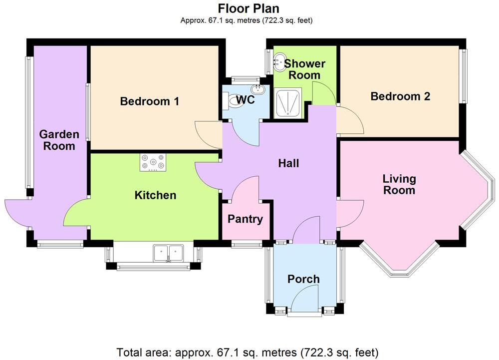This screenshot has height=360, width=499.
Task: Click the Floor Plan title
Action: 249,8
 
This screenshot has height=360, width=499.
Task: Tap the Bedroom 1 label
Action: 150,101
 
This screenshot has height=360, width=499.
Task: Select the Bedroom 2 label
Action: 400,96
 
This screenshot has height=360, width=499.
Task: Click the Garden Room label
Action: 59,140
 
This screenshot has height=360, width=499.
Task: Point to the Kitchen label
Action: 156,195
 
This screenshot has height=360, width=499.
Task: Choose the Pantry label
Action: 245,219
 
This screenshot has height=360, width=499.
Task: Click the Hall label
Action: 288,163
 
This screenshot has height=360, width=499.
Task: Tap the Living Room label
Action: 399,184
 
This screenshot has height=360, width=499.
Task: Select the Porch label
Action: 303,279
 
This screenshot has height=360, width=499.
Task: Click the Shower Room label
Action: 304,69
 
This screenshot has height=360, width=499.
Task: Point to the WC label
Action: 246,100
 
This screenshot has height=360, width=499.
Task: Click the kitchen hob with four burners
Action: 153,162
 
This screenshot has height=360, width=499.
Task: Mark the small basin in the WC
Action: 258,90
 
